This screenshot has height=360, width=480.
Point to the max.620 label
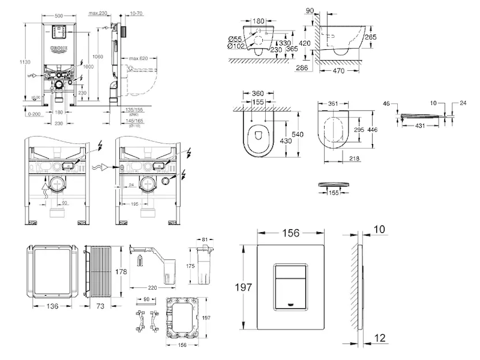tap(139, 58)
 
